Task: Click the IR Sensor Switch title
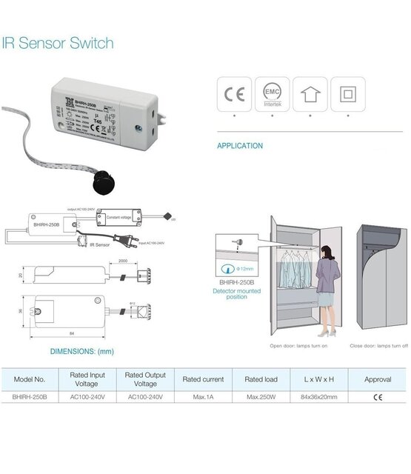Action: (58, 43)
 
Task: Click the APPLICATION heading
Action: (239, 146)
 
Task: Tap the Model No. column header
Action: (30, 379)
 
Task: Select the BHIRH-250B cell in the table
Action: (30, 397)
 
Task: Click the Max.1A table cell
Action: (203, 397)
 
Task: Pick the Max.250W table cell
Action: (261, 397)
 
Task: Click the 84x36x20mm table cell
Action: (319, 397)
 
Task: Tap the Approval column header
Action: (378, 379)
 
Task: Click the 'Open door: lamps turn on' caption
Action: (299, 346)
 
